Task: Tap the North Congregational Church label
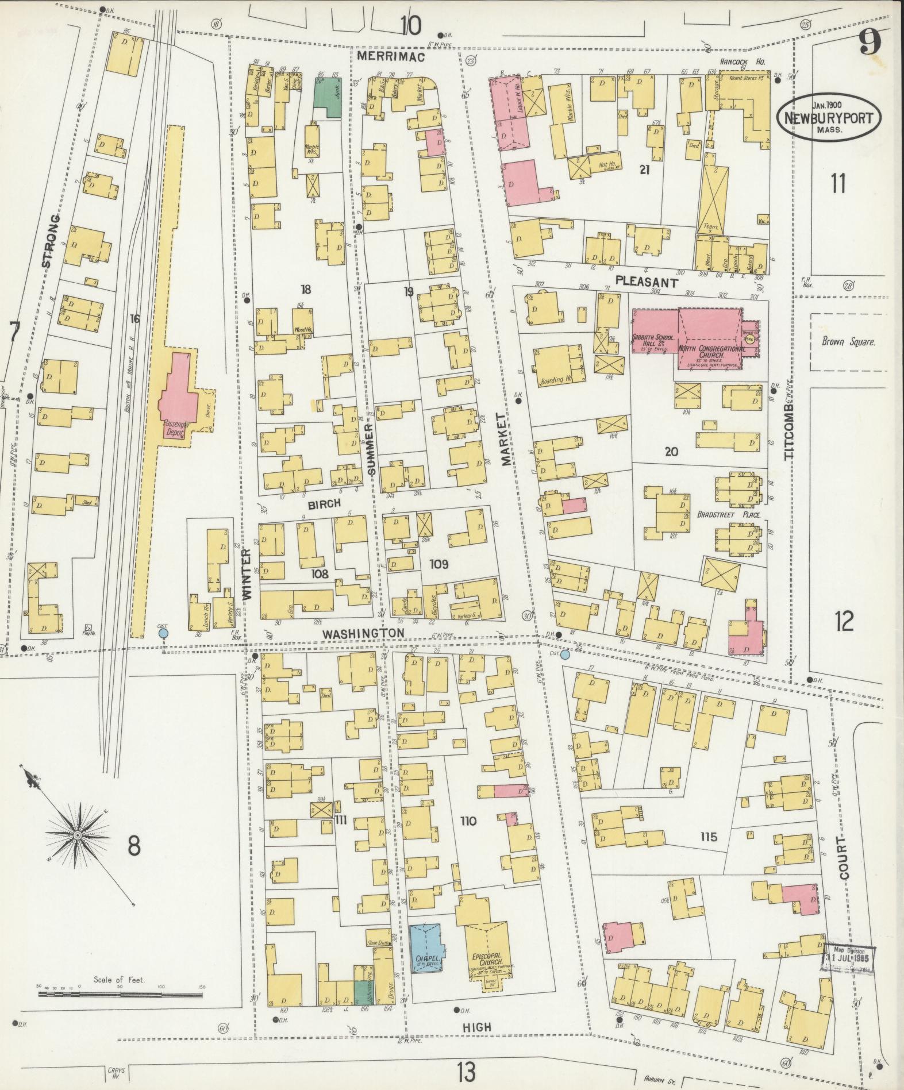pos(707,352)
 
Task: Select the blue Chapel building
pos(425,958)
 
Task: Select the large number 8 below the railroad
pos(134,846)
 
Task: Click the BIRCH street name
pos(325,504)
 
